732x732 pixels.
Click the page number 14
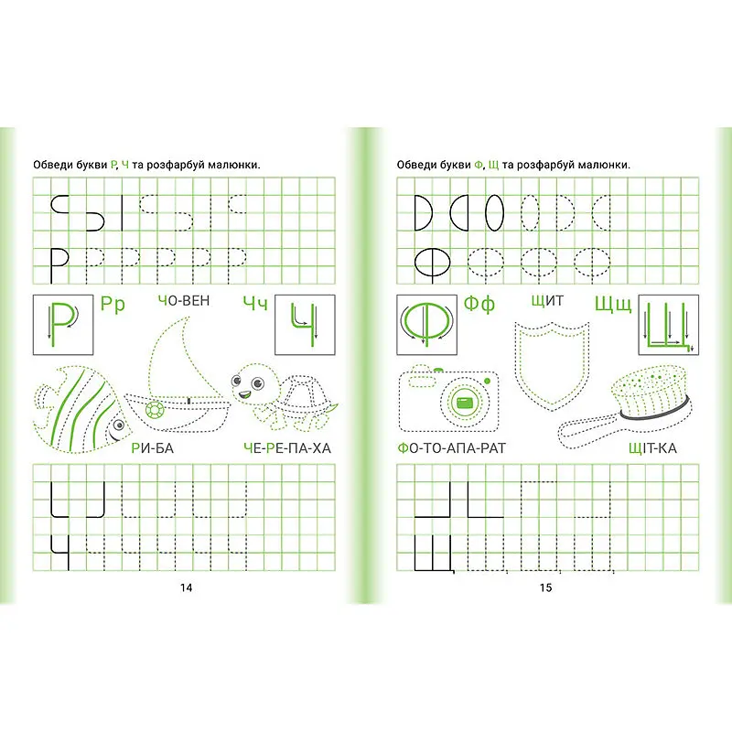coord(187,587)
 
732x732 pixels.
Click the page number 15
coord(545,587)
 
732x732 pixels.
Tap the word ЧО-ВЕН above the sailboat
coord(184,301)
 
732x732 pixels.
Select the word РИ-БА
coord(153,448)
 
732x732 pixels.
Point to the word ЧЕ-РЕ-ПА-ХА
coord(287,448)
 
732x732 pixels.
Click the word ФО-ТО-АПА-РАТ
coord(451,448)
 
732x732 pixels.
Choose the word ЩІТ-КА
coord(652,448)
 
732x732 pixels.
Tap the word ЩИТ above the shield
coord(547,301)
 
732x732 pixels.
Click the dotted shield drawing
coord(551,364)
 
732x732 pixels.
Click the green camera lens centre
coord(465,402)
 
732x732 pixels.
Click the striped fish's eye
coord(119,425)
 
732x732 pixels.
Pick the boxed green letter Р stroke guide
coord(62,325)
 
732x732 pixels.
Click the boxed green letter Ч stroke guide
coord(305,325)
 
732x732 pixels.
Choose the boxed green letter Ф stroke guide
coord(426,325)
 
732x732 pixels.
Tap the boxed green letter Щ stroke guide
coord(669,325)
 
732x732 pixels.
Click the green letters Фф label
coord(479,304)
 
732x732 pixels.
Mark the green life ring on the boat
coord(154,409)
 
